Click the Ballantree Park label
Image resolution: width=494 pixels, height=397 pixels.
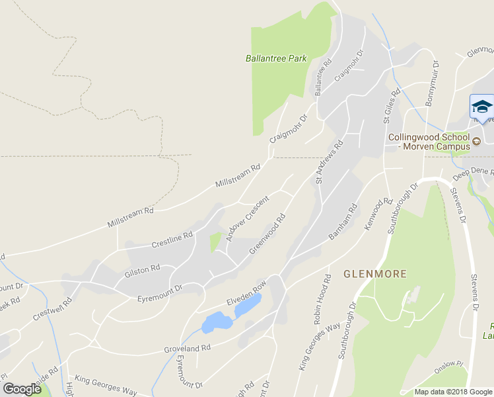[x=276, y=58]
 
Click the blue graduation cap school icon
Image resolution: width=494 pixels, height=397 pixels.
[x=481, y=107]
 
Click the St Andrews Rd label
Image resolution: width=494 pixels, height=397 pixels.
[x=329, y=161]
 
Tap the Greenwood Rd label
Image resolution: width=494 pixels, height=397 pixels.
[x=267, y=232]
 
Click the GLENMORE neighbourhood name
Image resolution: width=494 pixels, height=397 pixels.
[x=374, y=273]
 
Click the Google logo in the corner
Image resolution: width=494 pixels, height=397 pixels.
[x=22, y=390]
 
